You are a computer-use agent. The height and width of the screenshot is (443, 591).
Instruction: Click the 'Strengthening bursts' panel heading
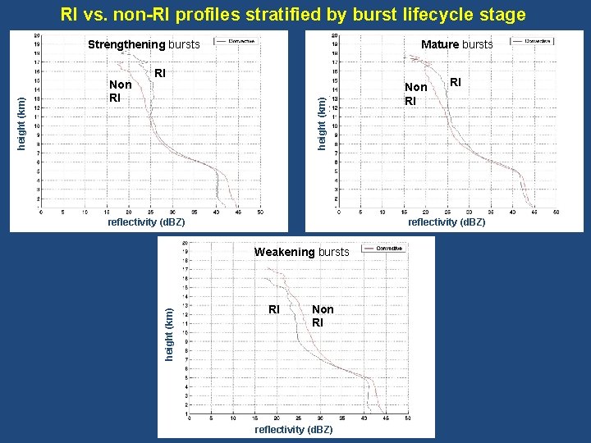144,44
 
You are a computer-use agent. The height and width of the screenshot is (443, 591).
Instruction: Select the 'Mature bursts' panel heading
456,44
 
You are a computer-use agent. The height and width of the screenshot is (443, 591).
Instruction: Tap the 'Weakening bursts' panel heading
301,252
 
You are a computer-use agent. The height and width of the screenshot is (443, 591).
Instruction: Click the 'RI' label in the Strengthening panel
160,74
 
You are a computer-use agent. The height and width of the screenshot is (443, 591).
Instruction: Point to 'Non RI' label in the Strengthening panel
121,91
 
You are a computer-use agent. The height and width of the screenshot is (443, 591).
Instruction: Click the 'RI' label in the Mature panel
455,82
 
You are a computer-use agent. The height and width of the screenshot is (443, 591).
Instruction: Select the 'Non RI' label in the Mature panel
416,94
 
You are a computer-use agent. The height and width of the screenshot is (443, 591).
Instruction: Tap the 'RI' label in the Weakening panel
275,309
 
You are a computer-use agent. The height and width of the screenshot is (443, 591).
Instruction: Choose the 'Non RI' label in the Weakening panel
323,316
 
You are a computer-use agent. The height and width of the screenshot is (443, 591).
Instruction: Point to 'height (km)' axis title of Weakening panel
169,333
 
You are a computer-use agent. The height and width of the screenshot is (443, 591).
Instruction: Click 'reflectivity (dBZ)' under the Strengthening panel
146,222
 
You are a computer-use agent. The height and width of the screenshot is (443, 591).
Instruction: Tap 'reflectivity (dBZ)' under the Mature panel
447,222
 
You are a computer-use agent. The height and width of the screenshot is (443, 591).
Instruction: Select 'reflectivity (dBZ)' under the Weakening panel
294,430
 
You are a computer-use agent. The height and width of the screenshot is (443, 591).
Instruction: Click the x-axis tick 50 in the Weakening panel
408,419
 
